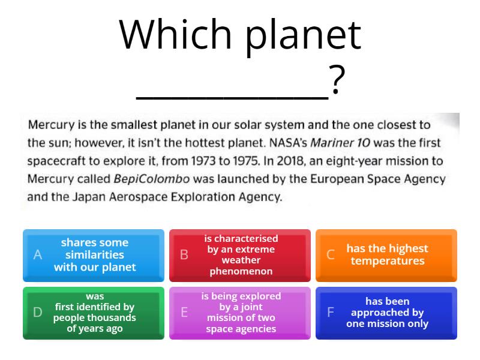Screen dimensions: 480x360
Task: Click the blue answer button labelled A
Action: pos(94,256)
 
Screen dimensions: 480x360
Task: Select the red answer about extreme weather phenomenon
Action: pos(239,256)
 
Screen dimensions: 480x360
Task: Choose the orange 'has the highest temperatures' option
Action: pos(386,256)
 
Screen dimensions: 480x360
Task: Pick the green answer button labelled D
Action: pos(94,313)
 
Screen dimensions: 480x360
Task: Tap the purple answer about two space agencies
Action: pos(239,313)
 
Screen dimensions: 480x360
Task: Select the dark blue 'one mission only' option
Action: pos(386,313)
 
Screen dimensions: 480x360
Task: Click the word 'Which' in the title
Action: pos(175,34)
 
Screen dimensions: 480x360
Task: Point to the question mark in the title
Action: pos(337,80)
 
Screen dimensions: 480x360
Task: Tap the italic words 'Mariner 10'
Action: pos(340,143)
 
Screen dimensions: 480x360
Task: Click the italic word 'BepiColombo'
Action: pos(152,179)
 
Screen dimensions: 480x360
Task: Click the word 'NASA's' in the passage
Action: pos(288,143)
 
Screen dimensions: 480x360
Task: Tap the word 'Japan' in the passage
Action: pos(89,197)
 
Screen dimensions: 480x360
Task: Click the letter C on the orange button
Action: pos(331,254)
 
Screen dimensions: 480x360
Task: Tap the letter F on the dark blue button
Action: pos(331,312)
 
